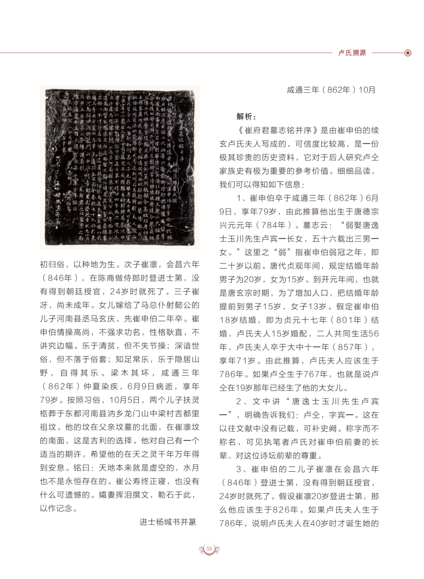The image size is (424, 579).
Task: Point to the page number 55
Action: [x=210, y=548]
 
